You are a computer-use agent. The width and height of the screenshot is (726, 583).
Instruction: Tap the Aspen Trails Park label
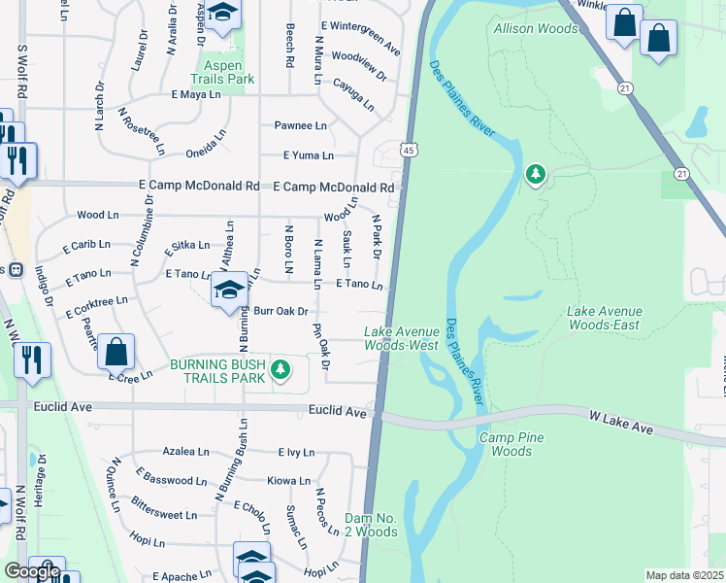tap(221, 69)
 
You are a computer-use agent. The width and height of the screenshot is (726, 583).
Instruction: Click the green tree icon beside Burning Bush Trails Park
tap(280, 369)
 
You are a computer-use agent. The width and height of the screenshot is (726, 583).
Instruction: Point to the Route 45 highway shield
tap(409, 151)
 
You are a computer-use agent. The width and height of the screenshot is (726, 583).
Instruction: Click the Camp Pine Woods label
tap(506, 444)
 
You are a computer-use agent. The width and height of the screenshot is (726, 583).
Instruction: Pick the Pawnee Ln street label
tap(300, 125)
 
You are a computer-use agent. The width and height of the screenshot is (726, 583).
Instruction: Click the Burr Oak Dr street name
tap(280, 311)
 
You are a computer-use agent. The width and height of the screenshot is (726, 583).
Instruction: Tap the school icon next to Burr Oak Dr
tap(230, 291)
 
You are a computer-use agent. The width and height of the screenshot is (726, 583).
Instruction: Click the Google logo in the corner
tap(32, 571)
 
